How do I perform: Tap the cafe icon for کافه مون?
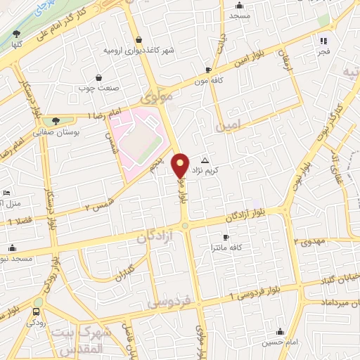[208, 70]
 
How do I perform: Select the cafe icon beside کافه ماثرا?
[225, 237]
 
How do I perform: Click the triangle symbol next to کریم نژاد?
[205, 160]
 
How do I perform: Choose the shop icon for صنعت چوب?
[98, 77]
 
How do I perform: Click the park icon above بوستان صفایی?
[56, 121]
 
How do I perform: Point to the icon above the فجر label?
[324, 41]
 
